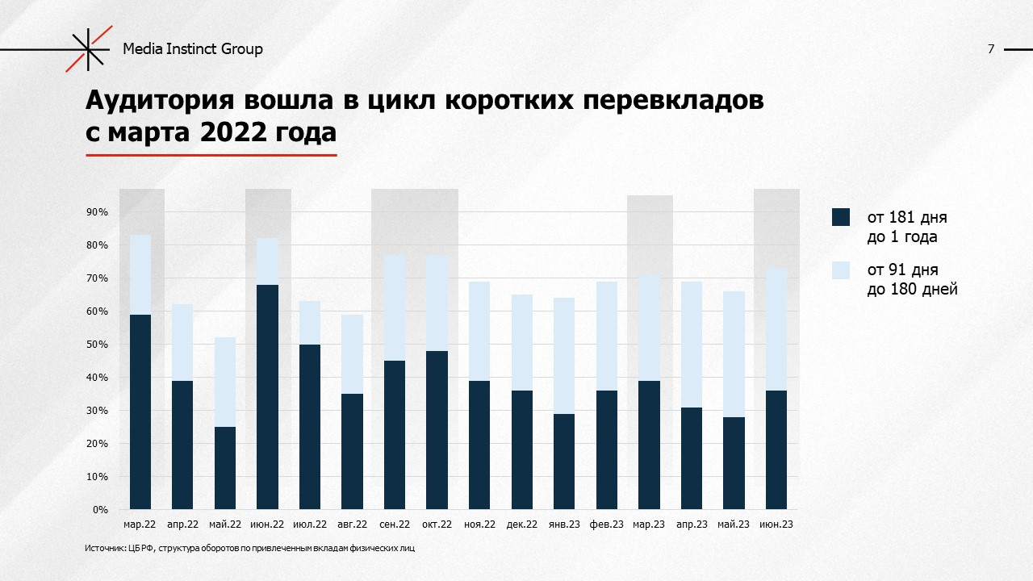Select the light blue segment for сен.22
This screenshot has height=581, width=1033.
pos(395,307)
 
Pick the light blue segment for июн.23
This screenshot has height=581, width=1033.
pos(775,329)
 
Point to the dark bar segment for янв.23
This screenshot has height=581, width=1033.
pos(563,462)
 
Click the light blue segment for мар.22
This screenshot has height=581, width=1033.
pos(140,274)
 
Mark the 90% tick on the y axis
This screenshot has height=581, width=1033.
pos(98,212)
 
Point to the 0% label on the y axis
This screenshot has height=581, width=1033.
pos(100,510)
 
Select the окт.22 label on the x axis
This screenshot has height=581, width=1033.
pos(437,525)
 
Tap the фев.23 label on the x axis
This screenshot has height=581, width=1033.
pos(606,525)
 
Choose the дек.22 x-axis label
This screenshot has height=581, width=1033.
pos(522,525)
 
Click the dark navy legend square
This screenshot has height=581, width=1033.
pos(841,217)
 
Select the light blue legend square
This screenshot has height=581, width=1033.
pos(841,270)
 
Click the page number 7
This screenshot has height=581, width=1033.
pos(990,49)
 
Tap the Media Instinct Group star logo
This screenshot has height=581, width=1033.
pos(88,49)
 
